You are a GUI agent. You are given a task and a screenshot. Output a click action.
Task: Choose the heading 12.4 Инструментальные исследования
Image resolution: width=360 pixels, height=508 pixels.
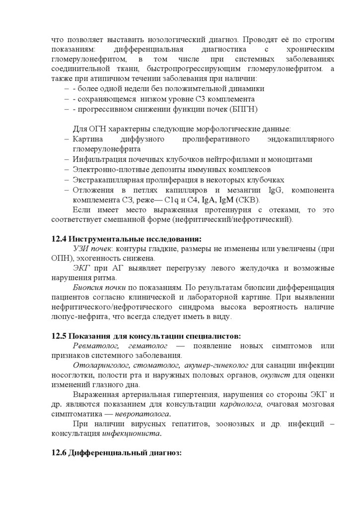tap(126, 239)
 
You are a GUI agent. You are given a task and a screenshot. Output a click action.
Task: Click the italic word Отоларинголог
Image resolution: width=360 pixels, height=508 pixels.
tap(98, 365)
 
